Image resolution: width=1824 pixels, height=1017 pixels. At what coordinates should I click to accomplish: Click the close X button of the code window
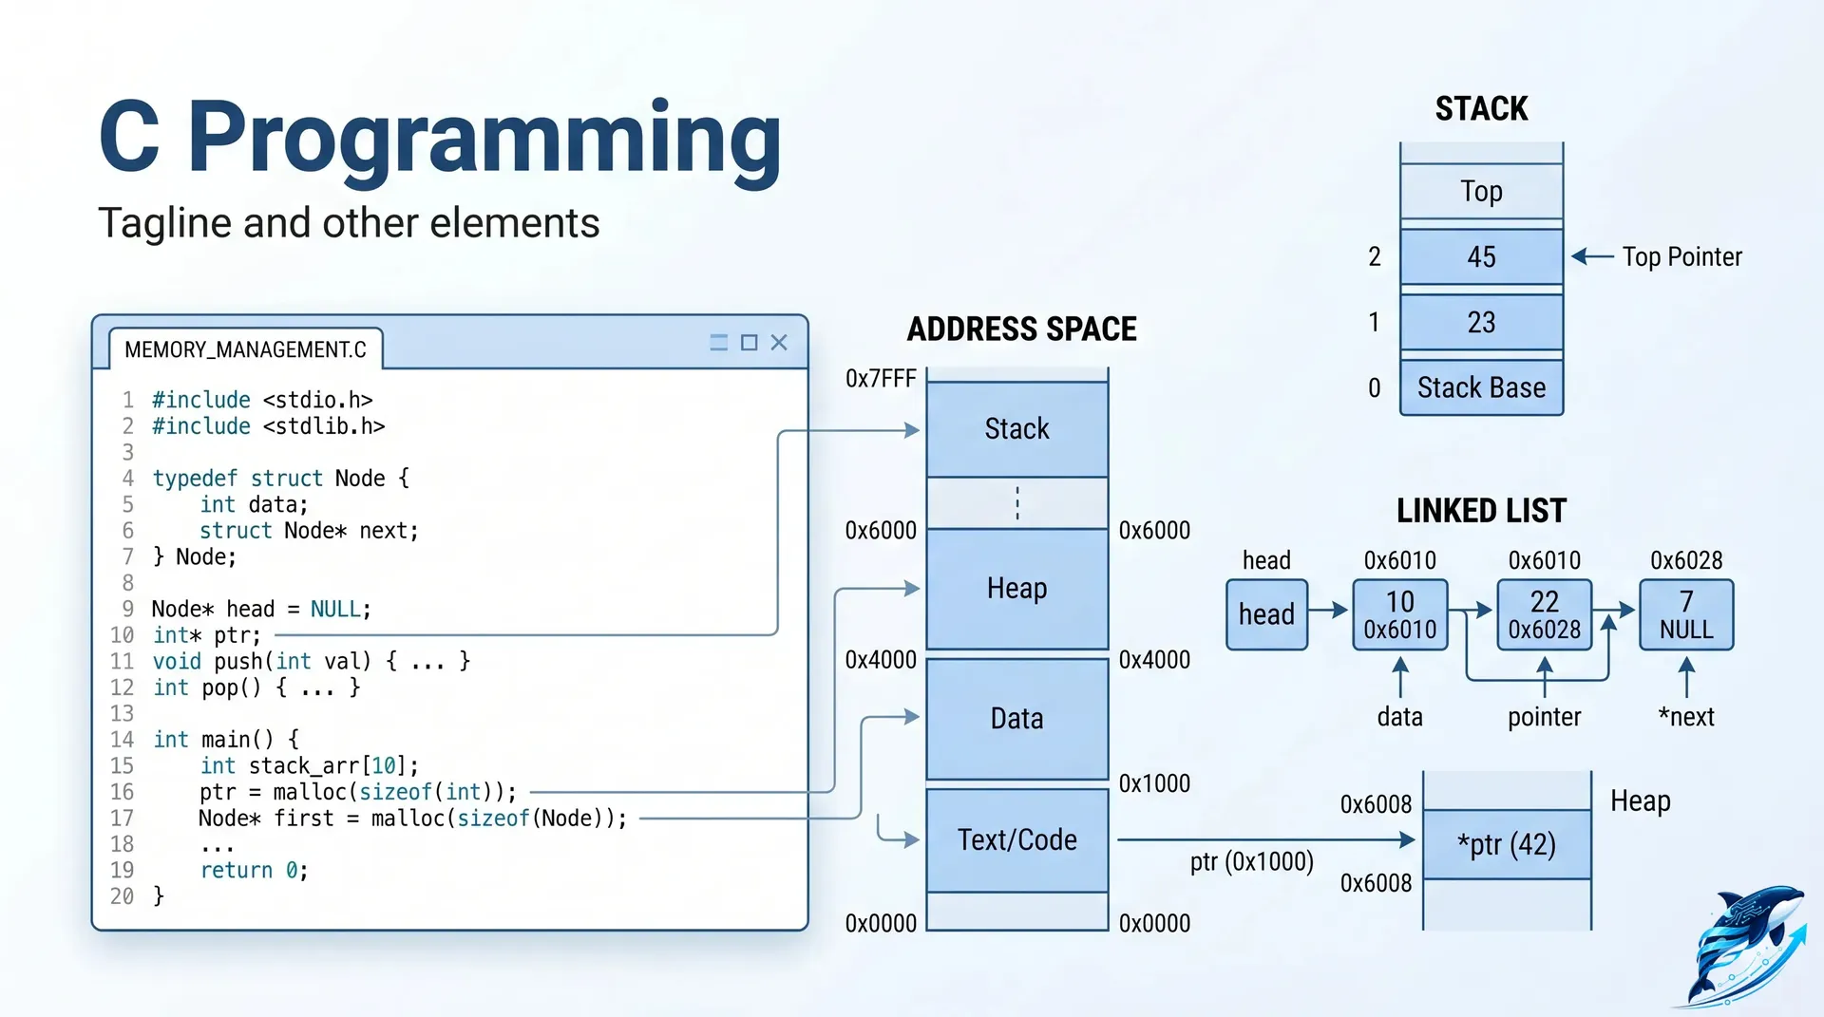tap(779, 343)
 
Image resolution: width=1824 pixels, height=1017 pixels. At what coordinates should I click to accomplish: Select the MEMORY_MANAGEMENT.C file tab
tap(245, 349)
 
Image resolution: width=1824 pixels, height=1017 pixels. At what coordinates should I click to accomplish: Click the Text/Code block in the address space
tap(1016, 839)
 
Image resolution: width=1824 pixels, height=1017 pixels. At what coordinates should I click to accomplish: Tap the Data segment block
tap(1016, 719)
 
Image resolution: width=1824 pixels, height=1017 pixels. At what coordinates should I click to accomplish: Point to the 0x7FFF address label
tap(881, 379)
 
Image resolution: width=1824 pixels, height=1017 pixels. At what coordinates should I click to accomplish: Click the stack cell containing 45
tap(1481, 256)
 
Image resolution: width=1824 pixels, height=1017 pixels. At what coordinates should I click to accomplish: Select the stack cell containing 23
tap(1481, 323)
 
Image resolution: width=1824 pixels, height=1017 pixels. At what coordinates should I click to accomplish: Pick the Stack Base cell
tap(1481, 387)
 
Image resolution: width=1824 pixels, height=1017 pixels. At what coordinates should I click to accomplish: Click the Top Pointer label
tap(1681, 256)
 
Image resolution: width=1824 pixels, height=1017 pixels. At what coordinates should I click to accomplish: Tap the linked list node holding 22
tap(1544, 614)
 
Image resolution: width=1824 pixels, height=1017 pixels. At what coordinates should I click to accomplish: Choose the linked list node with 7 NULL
tap(1685, 614)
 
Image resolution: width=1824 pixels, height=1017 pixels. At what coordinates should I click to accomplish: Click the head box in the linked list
tap(1266, 614)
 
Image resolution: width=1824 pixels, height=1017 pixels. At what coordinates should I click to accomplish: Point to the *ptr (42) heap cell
tap(1507, 844)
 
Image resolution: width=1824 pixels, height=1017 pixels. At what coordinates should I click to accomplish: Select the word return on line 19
tap(237, 870)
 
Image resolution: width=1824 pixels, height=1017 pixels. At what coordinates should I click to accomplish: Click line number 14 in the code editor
tap(123, 739)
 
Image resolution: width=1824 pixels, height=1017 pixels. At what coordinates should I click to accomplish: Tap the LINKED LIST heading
tap(1481, 511)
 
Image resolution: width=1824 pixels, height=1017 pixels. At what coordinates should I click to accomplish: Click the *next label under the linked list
tap(1686, 717)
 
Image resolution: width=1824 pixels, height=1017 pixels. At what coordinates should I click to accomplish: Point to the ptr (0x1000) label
tap(1251, 861)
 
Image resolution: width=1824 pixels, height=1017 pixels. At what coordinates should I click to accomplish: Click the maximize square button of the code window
tap(749, 343)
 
